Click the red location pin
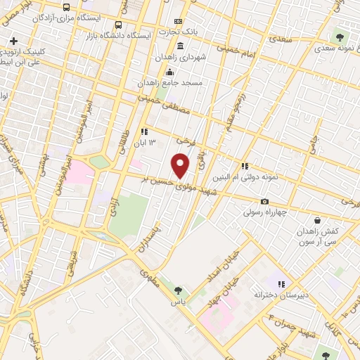click(x=181, y=166)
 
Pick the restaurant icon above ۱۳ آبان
click(x=144, y=131)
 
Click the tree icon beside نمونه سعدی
click(x=340, y=37)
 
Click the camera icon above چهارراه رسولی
click(x=264, y=201)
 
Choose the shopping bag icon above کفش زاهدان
click(x=317, y=219)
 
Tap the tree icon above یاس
click(x=178, y=290)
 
